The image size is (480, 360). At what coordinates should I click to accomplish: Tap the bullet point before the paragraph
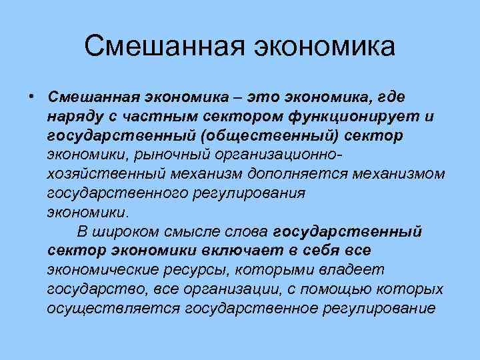coord(31,97)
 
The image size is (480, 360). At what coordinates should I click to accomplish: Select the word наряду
coord(71,116)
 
